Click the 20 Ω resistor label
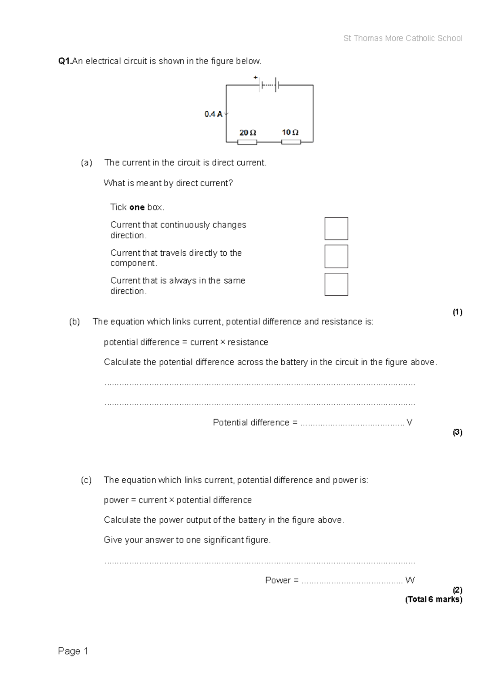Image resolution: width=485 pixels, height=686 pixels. [248, 133]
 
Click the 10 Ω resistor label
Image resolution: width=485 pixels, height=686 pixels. [290, 132]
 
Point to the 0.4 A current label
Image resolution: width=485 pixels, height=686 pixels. [213, 114]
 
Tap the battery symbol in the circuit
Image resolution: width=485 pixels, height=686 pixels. [269, 85]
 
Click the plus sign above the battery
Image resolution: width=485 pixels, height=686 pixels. [255, 77]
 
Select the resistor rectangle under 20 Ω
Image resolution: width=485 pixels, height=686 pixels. [247, 142]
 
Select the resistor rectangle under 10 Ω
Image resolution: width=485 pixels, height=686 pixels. [291, 142]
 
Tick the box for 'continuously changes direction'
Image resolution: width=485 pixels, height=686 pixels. [336, 229]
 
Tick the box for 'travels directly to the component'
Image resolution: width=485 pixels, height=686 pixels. [336, 257]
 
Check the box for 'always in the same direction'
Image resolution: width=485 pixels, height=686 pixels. [336, 284]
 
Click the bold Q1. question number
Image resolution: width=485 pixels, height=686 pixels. [65, 61]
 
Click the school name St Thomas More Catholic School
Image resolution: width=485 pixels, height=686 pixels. [403, 38]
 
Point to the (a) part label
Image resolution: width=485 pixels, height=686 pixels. [86, 163]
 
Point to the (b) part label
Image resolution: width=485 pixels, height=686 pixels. [75, 322]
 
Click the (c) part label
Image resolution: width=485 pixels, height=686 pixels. [86, 480]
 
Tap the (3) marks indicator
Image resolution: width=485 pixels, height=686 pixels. [457, 432]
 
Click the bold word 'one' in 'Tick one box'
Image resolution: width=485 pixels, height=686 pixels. [137, 207]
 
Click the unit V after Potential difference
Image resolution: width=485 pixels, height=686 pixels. [409, 423]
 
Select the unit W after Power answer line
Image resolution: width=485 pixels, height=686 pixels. [410, 580]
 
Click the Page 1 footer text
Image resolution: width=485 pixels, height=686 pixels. [73, 651]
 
